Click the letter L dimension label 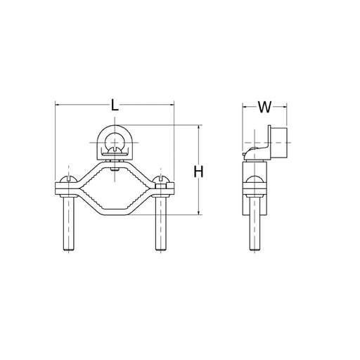click(115, 106)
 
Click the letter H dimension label click(199, 171)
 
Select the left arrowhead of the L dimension click(58, 106)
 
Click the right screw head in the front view click(162, 178)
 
